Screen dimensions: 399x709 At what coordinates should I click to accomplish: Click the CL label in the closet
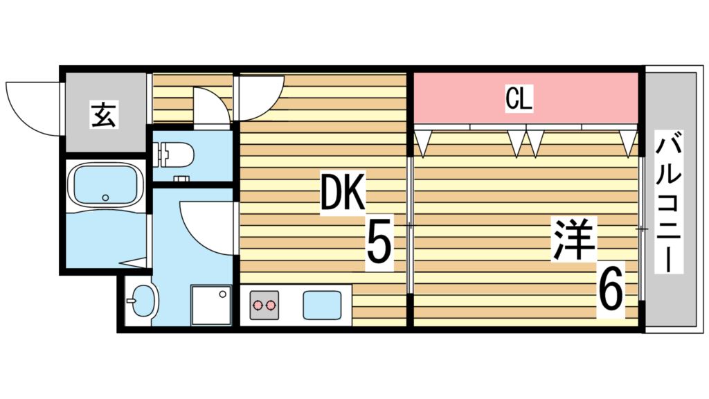click(519, 99)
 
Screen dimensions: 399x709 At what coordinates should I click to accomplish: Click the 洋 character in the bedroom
click(573, 240)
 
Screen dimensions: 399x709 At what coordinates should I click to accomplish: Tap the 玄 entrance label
click(104, 116)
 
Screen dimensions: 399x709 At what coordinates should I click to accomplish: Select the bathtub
click(105, 186)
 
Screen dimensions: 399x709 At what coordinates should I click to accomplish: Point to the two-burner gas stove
click(264, 305)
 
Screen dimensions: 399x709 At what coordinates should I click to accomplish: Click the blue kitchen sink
click(322, 305)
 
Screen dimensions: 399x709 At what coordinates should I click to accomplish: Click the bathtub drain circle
click(105, 197)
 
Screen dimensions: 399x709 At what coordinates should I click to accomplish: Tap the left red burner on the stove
click(258, 305)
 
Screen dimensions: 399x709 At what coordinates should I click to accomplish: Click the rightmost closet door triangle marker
click(627, 143)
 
